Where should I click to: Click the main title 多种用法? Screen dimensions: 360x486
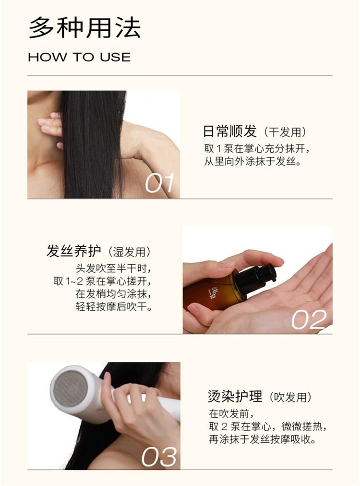85,28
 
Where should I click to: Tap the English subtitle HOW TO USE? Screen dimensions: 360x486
79,57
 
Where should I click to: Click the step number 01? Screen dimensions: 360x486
159,183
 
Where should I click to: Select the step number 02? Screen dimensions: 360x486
309,319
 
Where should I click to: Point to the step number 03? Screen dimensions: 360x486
159,457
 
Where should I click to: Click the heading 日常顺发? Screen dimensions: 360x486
230,132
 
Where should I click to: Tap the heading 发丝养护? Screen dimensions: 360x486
74,251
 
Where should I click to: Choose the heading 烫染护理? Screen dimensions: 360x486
235,396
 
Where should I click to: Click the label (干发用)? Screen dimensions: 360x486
285,132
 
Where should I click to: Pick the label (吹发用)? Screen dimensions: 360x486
289,397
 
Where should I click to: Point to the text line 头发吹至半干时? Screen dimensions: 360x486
114,268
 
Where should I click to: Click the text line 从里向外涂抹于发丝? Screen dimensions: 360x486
252,161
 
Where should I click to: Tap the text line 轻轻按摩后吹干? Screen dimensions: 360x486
114,306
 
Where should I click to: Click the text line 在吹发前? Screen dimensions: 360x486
231,413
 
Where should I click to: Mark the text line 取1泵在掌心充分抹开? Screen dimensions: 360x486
257,149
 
